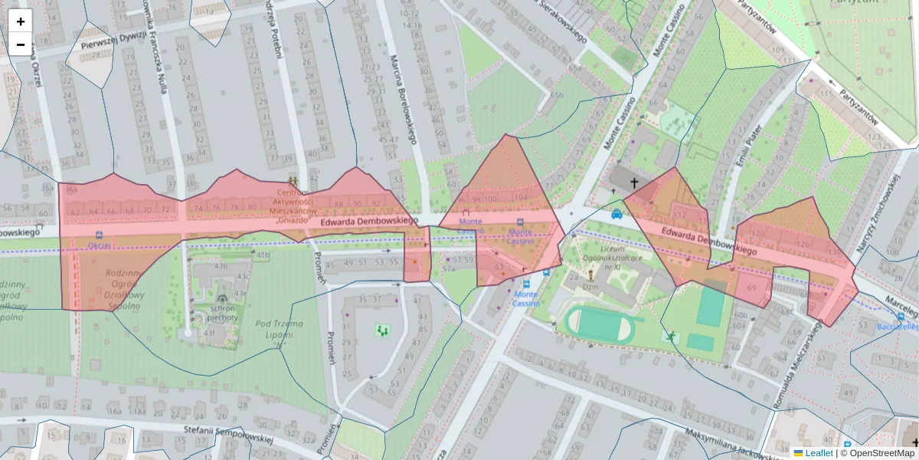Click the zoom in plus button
pos(21,21)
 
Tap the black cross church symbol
pos(634,183)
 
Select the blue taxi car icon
pos(616,215)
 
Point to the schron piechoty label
pos(222,312)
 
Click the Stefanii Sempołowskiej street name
pos(230,435)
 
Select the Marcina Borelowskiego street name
pos(401,100)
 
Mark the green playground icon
pos(382,330)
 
